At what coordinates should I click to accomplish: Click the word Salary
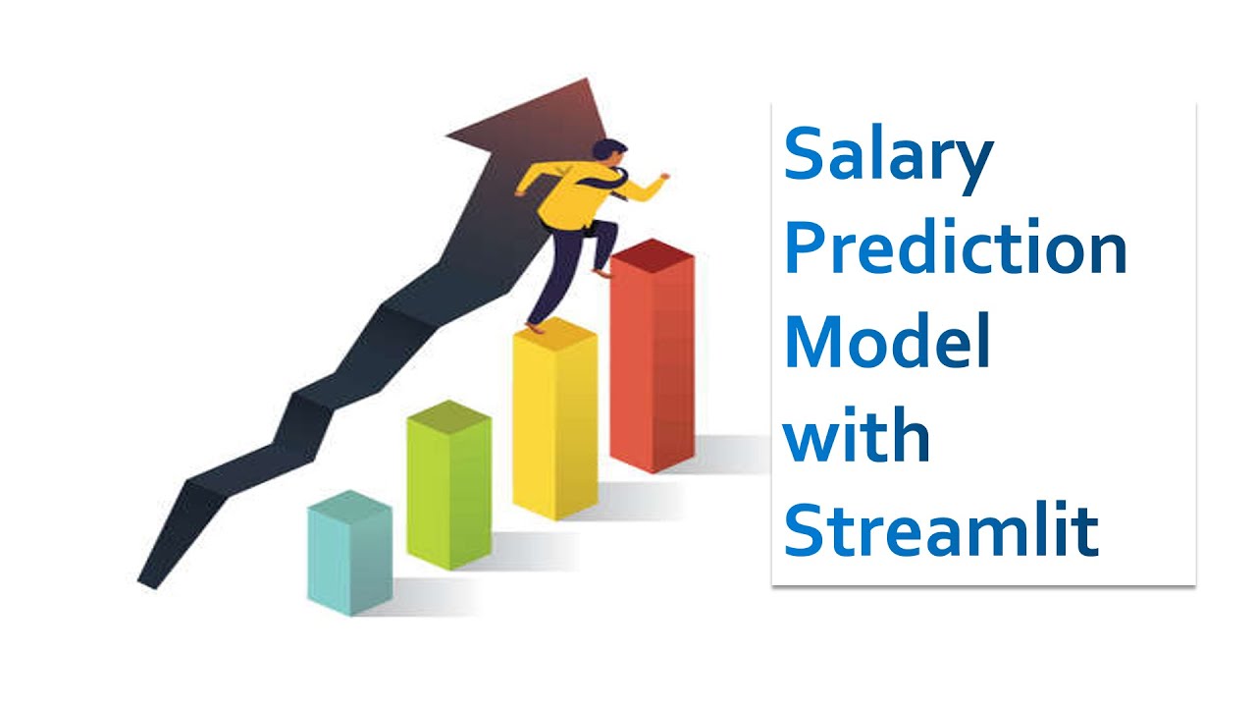[x=888, y=159]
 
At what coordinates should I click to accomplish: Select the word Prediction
[x=956, y=246]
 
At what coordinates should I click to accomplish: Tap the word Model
[x=888, y=341]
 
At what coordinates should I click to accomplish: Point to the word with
[x=857, y=434]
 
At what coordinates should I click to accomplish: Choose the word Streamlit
[x=941, y=528]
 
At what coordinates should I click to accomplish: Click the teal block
[x=350, y=553]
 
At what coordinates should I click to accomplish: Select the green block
[x=449, y=485]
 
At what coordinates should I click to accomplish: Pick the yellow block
[x=555, y=418]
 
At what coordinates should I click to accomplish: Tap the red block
[x=653, y=355]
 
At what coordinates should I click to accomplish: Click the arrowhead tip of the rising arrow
[x=587, y=78]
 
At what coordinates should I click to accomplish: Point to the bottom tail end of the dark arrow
[x=147, y=584]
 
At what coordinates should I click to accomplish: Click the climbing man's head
[x=610, y=150]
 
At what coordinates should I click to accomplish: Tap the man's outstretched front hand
[x=664, y=177]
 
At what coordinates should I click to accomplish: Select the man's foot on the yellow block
[x=535, y=328]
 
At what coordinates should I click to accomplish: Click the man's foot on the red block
[x=602, y=273]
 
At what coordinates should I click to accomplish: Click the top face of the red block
[x=653, y=253]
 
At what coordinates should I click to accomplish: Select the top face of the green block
[x=449, y=415]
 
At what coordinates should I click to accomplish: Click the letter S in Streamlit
[x=804, y=528]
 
